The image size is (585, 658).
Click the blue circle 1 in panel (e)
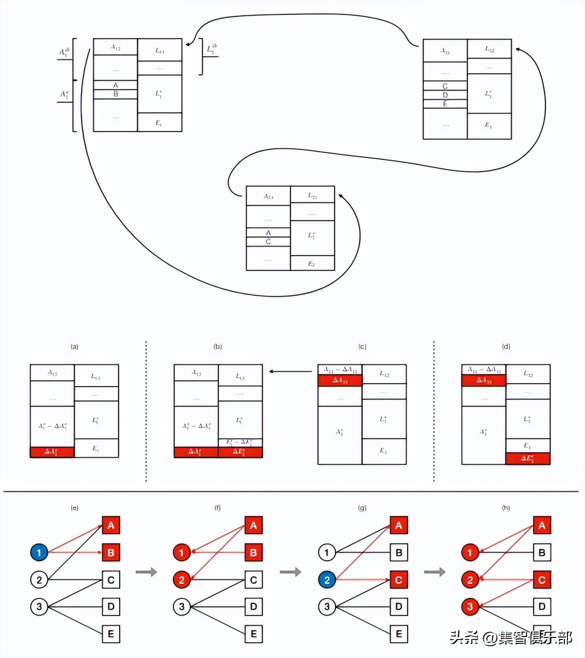39,553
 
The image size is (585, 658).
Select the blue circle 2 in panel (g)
327,580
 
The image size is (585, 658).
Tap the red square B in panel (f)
253,553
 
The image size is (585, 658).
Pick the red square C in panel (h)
542,580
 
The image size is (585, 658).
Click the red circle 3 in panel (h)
470,607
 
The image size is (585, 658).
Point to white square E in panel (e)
111,634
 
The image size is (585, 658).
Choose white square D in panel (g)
399,607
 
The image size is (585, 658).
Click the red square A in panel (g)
399,526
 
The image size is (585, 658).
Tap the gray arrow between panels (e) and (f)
146,572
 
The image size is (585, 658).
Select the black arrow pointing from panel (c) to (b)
290,372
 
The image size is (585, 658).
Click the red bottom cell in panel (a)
52,452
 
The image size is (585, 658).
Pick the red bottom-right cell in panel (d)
528,459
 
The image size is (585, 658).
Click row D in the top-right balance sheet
445,95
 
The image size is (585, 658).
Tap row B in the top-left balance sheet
115,94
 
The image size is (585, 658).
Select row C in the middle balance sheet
268,241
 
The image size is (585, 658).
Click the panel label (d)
506,347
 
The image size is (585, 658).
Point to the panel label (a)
74,347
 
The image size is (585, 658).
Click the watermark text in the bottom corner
511,637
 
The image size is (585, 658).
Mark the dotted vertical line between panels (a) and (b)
146,411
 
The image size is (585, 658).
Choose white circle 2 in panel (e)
39,580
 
